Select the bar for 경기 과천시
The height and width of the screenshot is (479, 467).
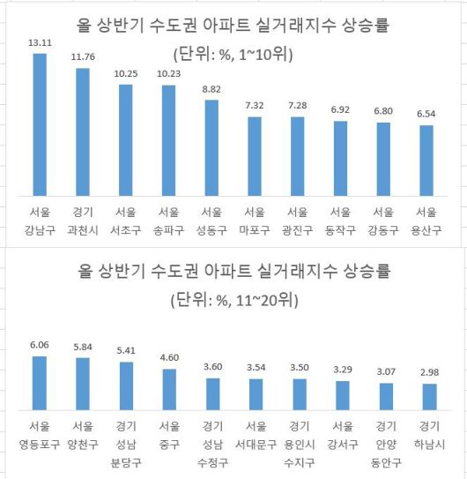pyautogui.click(x=83, y=132)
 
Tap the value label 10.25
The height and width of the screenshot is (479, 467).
pyautogui.click(x=125, y=73)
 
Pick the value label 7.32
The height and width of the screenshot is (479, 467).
pyautogui.click(x=254, y=105)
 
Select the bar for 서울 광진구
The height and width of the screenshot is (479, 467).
pyautogui.click(x=297, y=157)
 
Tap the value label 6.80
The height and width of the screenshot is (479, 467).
pyautogui.click(x=383, y=112)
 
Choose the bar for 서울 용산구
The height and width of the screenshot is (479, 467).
pyautogui.click(x=426, y=161)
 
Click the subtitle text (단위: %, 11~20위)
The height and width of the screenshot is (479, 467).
pyautogui.click(x=233, y=300)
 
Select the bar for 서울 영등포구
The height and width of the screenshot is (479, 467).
pyautogui.click(x=40, y=382)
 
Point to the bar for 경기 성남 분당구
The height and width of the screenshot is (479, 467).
pyautogui.click(x=125, y=385)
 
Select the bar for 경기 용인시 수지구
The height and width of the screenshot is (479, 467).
pyautogui.click(x=297, y=393)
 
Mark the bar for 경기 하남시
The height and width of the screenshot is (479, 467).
pyautogui.click(x=426, y=396)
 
